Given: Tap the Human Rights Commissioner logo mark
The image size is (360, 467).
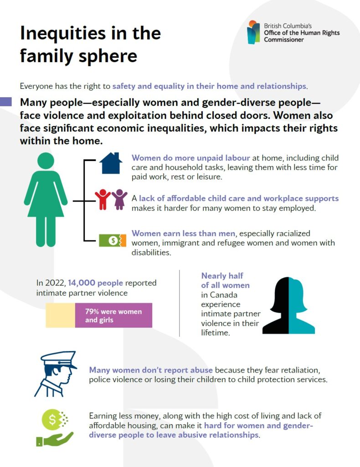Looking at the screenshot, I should tap(253, 32).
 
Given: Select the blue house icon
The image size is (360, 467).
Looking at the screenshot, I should tap(111, 163).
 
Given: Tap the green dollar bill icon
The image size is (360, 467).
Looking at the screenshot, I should tap(112, 240).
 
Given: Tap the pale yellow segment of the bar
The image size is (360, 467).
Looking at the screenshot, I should tap(60, 316).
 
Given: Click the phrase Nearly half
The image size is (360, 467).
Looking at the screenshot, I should tap(222, 276).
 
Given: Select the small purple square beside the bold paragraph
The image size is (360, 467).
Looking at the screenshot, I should tap(5, 102).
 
